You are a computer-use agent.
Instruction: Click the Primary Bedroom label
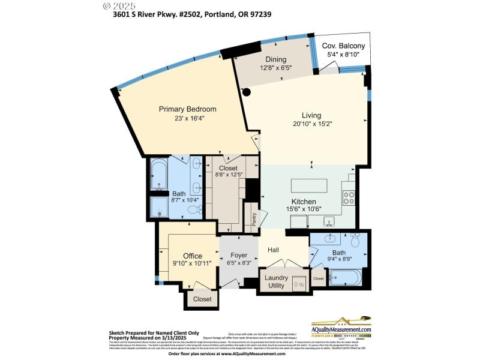[x=187, y=109]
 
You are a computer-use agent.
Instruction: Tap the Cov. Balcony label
[x=343, y=46]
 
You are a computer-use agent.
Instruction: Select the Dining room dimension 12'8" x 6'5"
[x=276, y=68]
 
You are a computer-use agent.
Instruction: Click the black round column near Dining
[x=246, y=92]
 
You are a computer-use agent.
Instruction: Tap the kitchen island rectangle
[x=309, y=185]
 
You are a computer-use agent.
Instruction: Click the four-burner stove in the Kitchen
[x=349, y=197]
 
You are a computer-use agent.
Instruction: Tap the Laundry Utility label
[x=277, y=281]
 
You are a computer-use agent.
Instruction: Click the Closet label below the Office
[x=202, y=299]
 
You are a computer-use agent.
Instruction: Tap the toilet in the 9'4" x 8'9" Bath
[x=355, y=241]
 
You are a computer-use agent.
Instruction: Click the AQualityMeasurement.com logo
[x=341, y=327]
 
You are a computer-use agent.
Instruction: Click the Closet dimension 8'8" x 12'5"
[x=228, y=175]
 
